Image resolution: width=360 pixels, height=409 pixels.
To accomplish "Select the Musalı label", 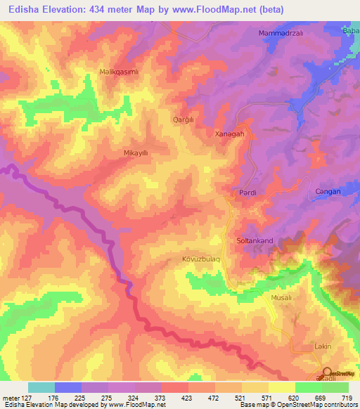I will [281, 298].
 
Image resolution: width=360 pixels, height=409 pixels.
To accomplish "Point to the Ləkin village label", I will [321, 346].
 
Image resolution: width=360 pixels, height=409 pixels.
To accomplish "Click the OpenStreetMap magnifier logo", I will [328, 372].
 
